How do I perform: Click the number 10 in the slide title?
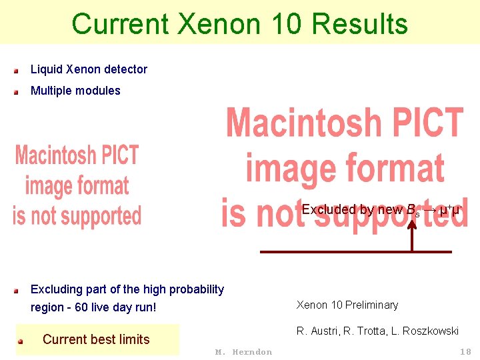coord(288,24)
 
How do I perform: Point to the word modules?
coord(98,91)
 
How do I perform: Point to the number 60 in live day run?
coord(82,307)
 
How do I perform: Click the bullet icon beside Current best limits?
coord(21,341)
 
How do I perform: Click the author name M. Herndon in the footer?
coord(243,352)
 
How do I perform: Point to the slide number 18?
coord(465,351)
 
